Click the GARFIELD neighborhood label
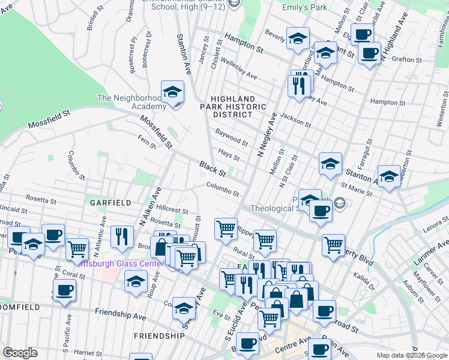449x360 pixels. (x=110, y=203)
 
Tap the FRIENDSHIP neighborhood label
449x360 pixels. (x=159, y=335)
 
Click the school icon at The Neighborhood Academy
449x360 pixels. (x=173, y=93)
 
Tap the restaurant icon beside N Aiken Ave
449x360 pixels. (x=123, y=235)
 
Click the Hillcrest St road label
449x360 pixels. (x=172, y=211)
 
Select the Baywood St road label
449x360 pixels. (x=232, y=137)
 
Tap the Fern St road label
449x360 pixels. (x=146, y=142)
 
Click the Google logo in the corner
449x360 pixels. (x=20, y=353)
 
